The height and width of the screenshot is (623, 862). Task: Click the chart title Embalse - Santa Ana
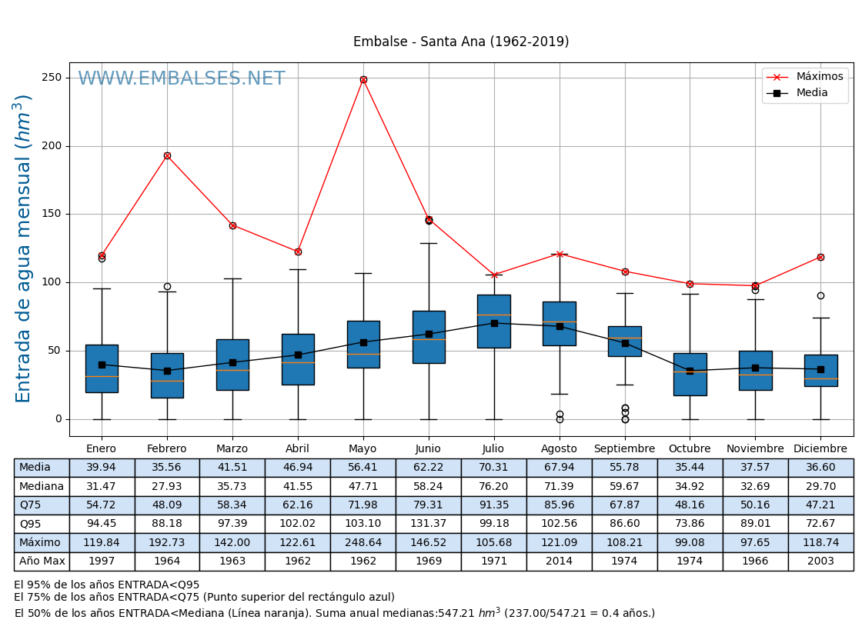tap(461, 42)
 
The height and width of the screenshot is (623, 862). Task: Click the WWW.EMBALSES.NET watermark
tap(182, 79)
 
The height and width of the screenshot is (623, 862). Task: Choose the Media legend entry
tap(813, 93)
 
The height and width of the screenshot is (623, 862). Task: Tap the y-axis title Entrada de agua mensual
tap(24, 248)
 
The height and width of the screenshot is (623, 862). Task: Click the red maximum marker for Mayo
tap(363, 79)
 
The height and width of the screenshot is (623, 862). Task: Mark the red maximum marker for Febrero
tap(167, 155)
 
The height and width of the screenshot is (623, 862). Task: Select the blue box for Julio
tap(494, 321)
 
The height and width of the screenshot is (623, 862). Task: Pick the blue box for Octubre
tap(690, 375)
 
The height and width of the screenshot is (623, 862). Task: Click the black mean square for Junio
tap(429, 334)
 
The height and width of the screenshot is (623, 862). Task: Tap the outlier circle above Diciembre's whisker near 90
tap(820, 295)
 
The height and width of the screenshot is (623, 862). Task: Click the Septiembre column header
tap(625, 449)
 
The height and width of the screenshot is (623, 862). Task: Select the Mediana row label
tap(42, 487)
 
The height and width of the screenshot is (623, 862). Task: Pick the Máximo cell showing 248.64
tap(363, 543)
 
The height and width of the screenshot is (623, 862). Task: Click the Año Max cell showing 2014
tap(560, 561)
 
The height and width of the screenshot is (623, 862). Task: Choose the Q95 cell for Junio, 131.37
tap(429, 525)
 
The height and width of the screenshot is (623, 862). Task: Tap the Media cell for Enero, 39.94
tap(102, 468)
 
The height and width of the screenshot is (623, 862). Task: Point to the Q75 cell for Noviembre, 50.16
tap(755, 505)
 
